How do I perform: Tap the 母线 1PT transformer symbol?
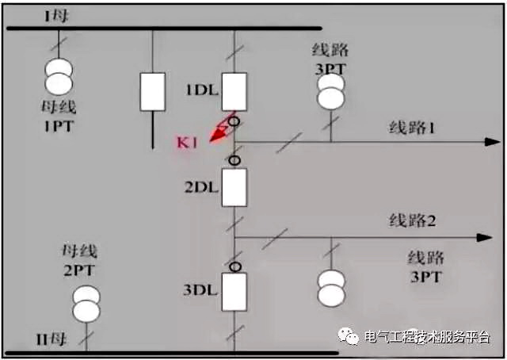[60, 75]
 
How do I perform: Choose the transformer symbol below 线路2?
[331, 287]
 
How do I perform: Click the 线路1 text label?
[412, 128]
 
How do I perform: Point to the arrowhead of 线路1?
[485, 142]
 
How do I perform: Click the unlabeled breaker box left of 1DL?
[152, 91]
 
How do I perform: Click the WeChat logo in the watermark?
[349, 336]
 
